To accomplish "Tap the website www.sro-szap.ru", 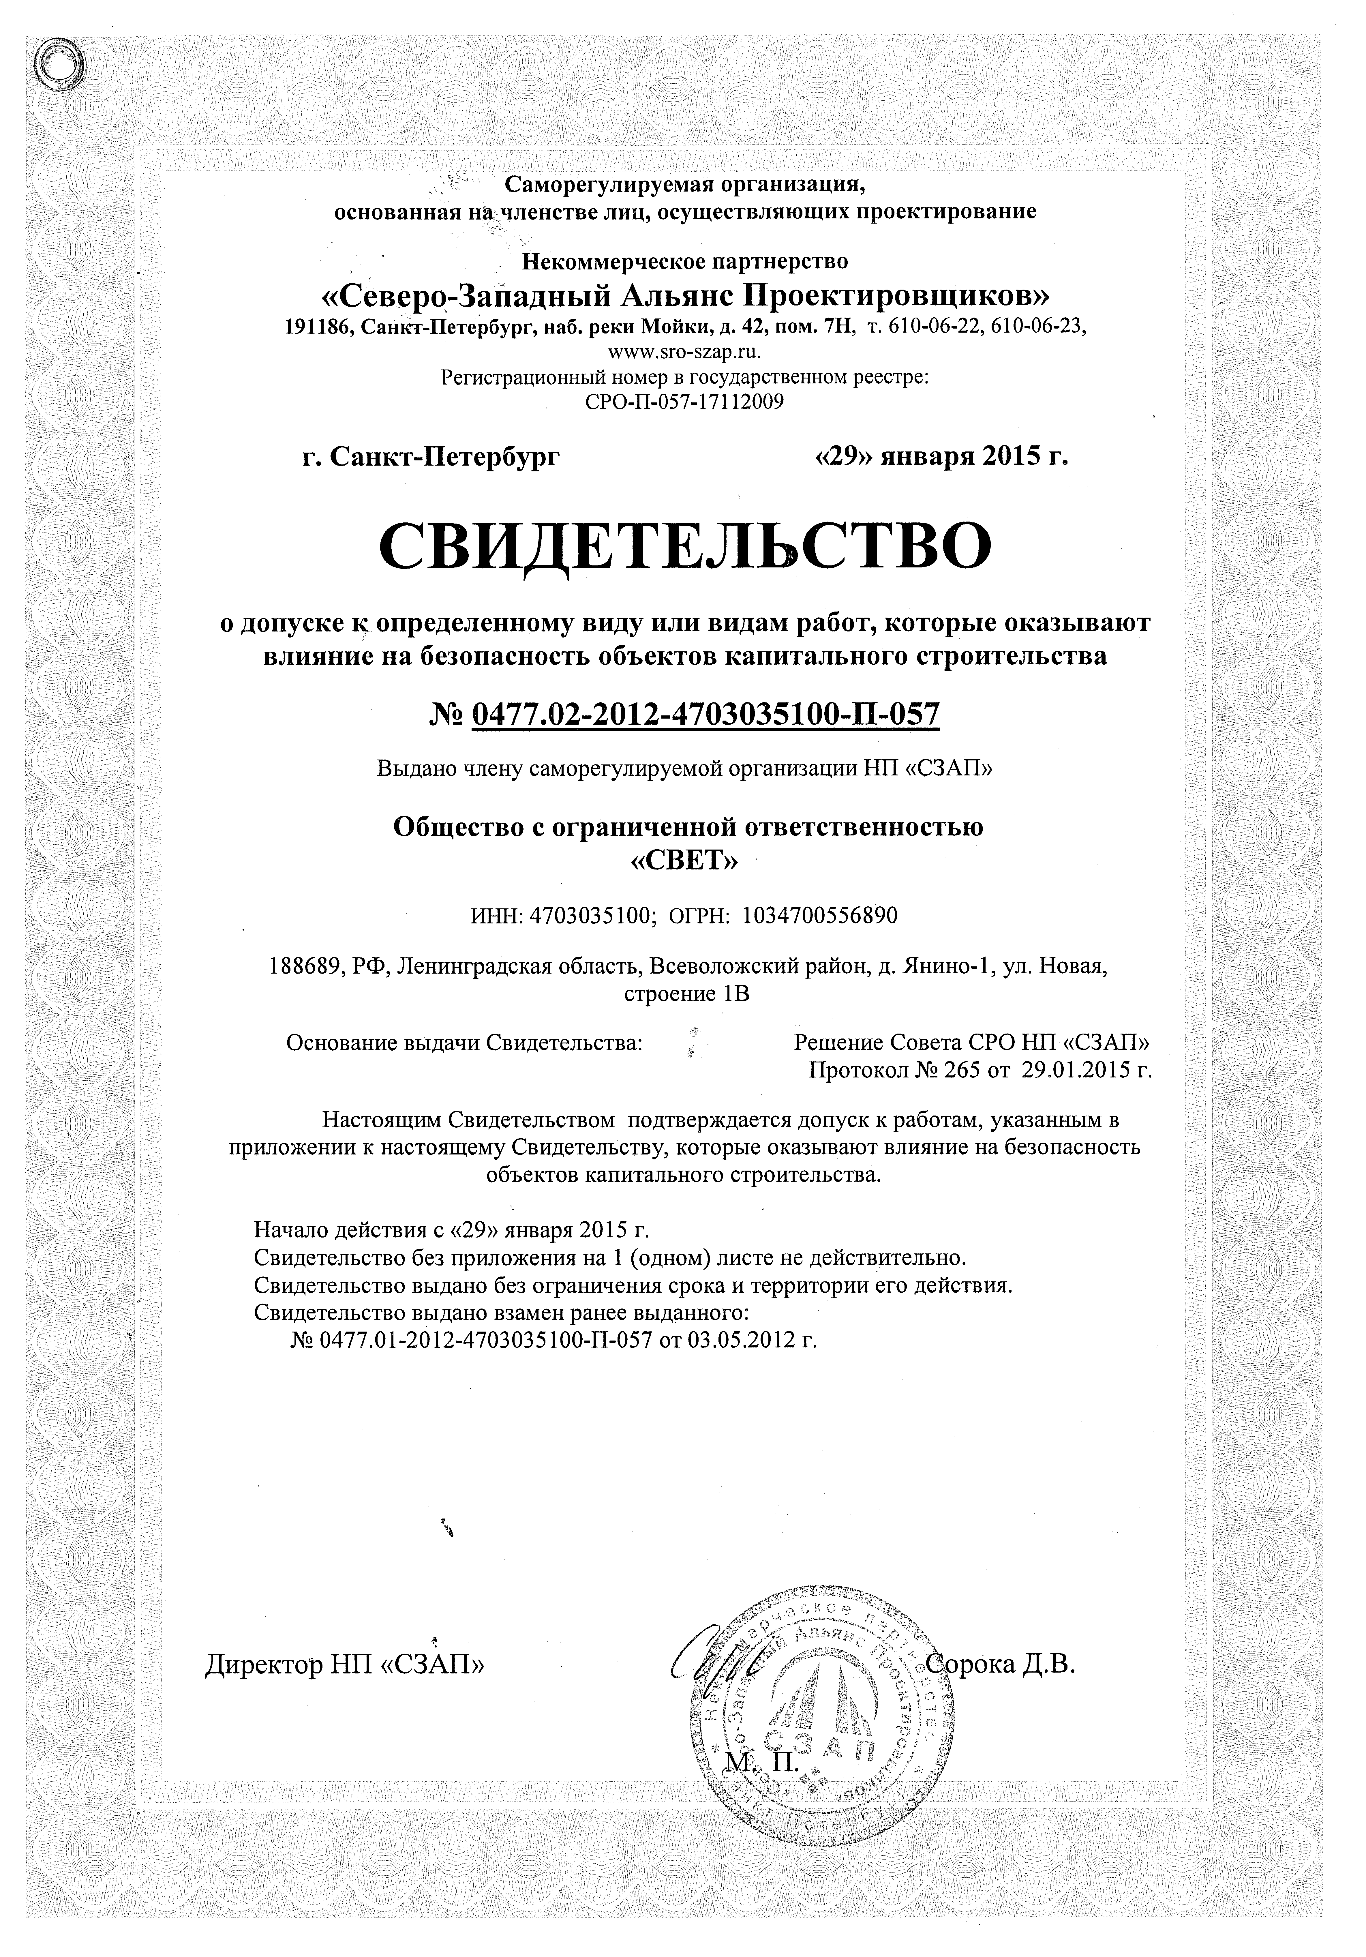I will tap(684, 350).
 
